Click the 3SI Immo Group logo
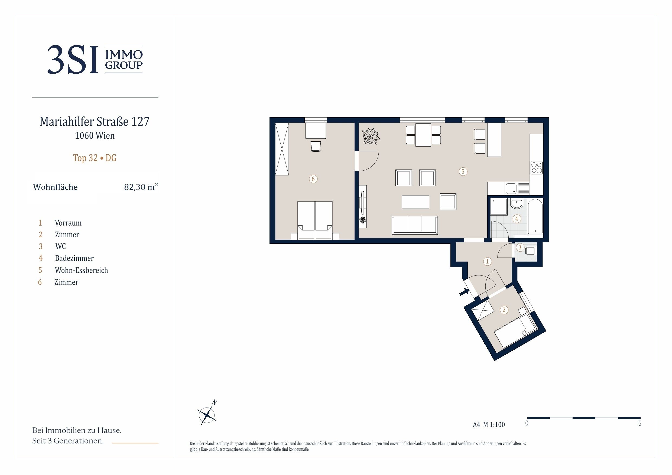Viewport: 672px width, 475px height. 95,59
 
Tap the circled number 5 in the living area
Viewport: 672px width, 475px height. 463,171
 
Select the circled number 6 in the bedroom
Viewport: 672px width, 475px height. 313,178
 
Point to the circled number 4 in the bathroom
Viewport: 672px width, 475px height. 517,218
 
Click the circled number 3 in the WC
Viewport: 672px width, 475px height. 520,247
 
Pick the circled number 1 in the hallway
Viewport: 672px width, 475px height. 487,261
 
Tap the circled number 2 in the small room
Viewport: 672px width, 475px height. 504,310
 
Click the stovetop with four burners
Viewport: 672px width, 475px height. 537,168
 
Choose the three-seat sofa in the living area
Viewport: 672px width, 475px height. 415,225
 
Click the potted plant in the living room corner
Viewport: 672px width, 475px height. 371,136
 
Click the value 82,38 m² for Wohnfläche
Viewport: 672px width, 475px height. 141,186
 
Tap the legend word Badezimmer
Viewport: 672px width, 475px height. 74,258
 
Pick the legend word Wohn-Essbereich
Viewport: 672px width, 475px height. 81,270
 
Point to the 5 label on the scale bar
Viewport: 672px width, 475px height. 640,424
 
